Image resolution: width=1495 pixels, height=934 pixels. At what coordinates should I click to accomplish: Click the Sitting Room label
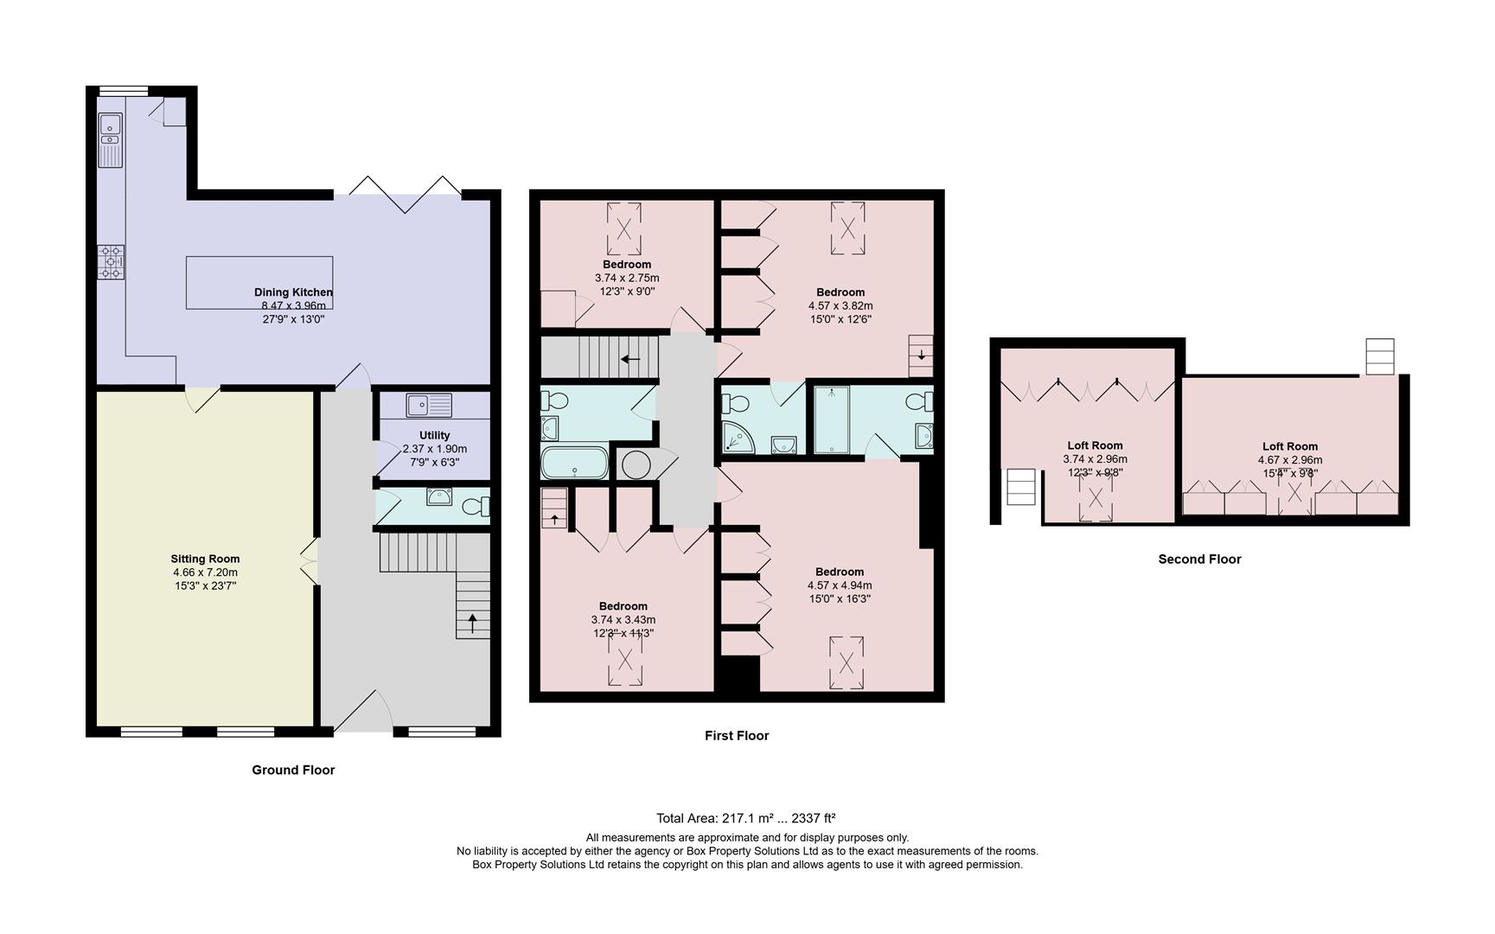tap(205, 559)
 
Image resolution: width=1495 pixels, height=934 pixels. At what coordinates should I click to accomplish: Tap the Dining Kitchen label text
tap(293, 292)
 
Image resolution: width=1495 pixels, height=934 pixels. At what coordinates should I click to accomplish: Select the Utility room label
tap(434, 435)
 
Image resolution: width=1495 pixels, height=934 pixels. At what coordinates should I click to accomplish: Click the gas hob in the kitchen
tap(111, 261)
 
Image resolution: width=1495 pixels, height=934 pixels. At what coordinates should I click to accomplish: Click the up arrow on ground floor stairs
tap(472, 623)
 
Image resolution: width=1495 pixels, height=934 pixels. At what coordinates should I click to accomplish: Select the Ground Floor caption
tap(293, 770)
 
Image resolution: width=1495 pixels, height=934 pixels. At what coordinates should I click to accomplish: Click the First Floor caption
tap(737, 736)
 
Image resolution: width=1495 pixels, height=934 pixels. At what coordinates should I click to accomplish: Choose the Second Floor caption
tap(1199, 560)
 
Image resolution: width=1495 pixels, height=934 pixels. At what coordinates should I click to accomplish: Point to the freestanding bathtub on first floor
tap(573, 463)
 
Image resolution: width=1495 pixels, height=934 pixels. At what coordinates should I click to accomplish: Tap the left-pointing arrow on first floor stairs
tap(630, 358)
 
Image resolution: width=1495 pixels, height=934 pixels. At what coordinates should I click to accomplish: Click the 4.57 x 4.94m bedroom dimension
tap(840, 585)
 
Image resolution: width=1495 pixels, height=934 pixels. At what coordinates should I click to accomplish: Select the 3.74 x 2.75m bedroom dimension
tap(627, 278)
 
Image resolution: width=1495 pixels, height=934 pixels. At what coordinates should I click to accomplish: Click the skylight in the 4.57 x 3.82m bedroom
tap(848, 228)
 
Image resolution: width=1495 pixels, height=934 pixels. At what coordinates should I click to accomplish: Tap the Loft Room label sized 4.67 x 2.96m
tap(1289, 446)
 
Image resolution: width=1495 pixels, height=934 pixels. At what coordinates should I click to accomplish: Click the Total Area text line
tap(745, 818)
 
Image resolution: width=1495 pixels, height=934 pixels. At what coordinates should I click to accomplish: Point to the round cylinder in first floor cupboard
tap(636, 464)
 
